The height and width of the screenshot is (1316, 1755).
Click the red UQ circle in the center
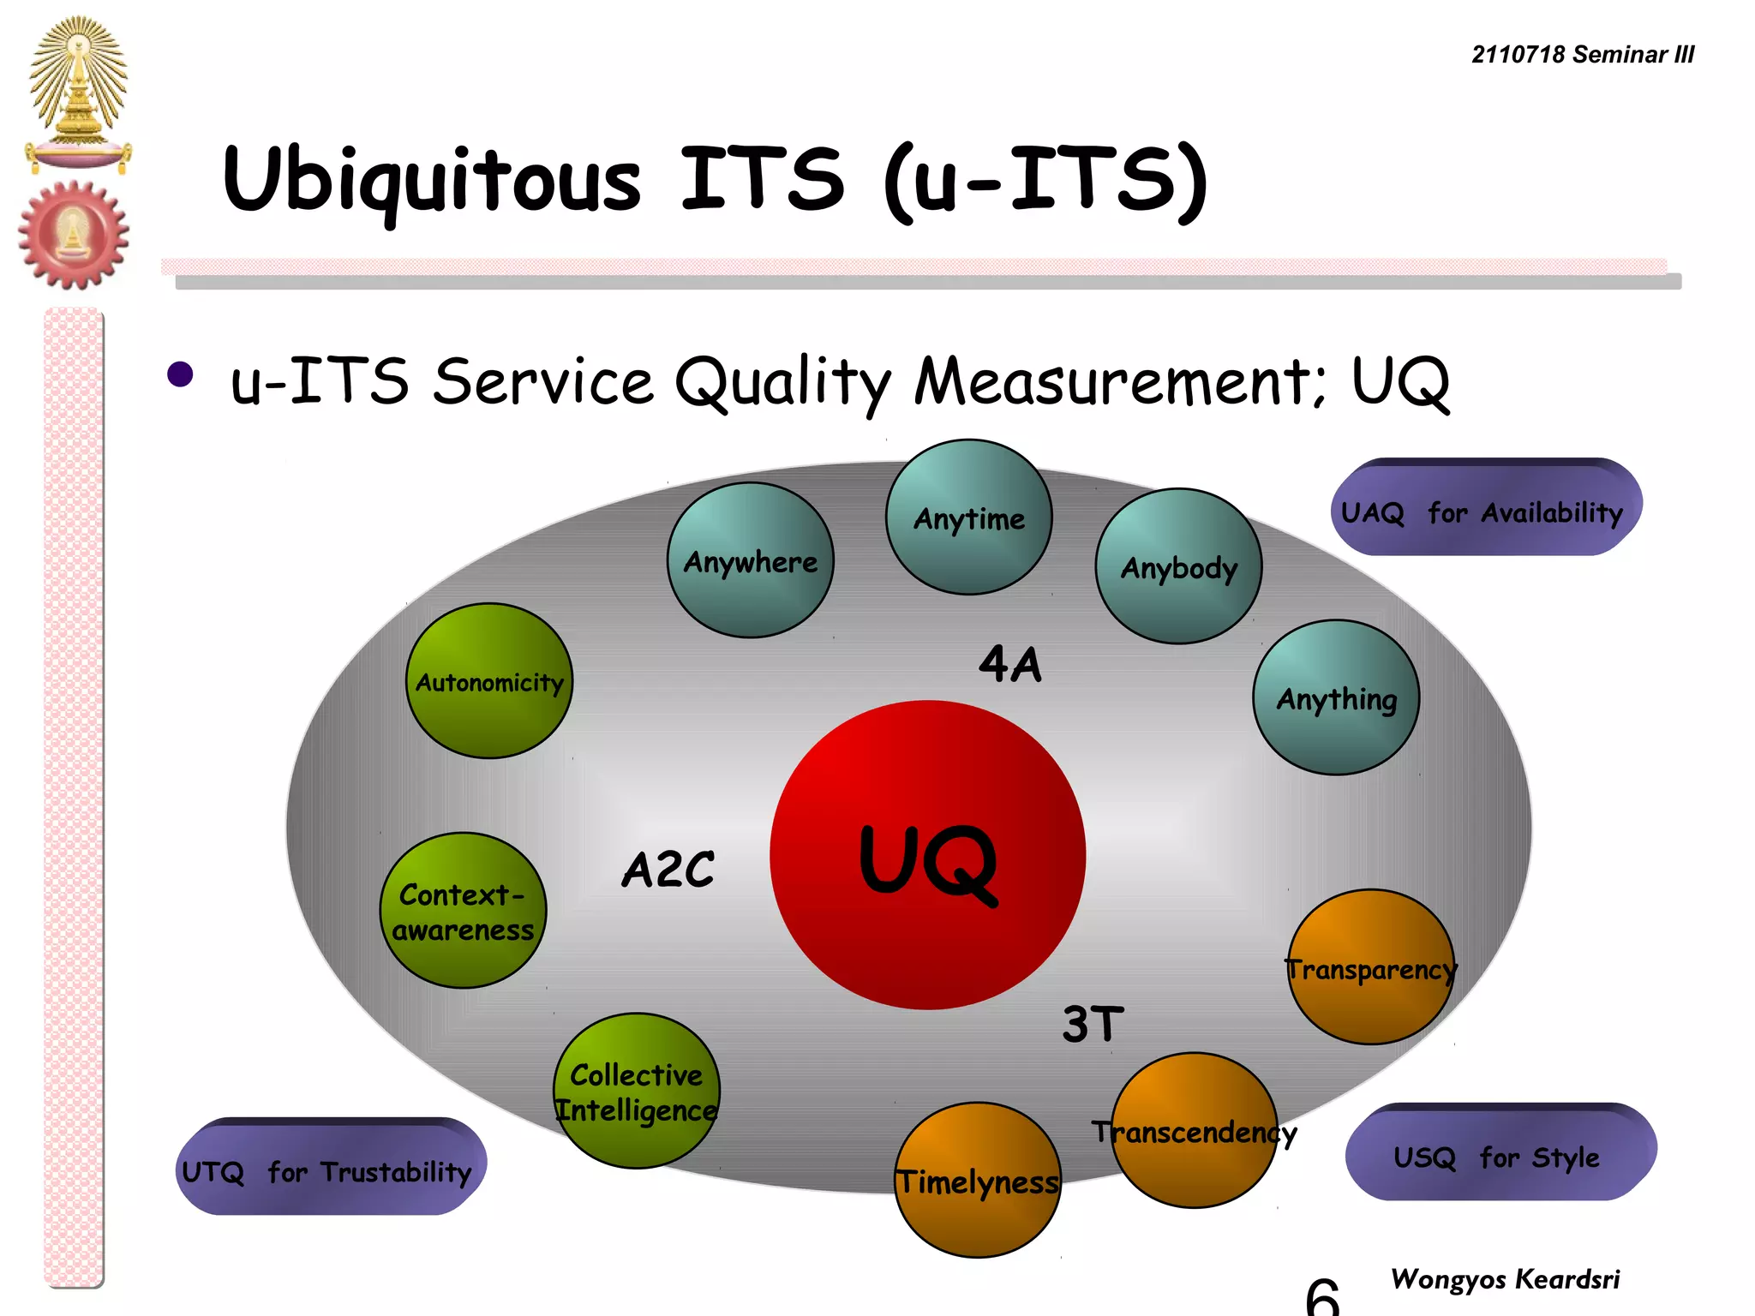[928, 855]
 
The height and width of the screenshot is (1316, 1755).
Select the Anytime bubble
[969, 517]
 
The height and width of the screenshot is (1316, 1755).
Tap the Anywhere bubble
[751, 560]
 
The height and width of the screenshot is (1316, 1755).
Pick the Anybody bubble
[1179, 566]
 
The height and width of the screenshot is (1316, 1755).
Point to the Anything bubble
[1337, 697]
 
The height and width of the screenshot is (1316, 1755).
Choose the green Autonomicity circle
[489, 681]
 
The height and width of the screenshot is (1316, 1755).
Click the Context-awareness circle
[463, 911]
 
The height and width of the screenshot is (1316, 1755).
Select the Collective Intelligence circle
[637, 1091]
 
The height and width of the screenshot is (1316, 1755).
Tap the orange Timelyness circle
[978, 1181]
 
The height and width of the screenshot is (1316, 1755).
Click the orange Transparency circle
[1371, 967]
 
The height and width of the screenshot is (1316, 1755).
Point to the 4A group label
[1010, 664]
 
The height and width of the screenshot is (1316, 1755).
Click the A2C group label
[668, 870]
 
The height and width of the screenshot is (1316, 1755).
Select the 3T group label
[1093, 1024]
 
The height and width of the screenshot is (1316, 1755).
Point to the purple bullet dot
[180, 374]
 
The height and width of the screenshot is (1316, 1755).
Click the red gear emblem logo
[74, 235]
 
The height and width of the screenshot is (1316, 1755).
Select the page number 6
[1322, 1295]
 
